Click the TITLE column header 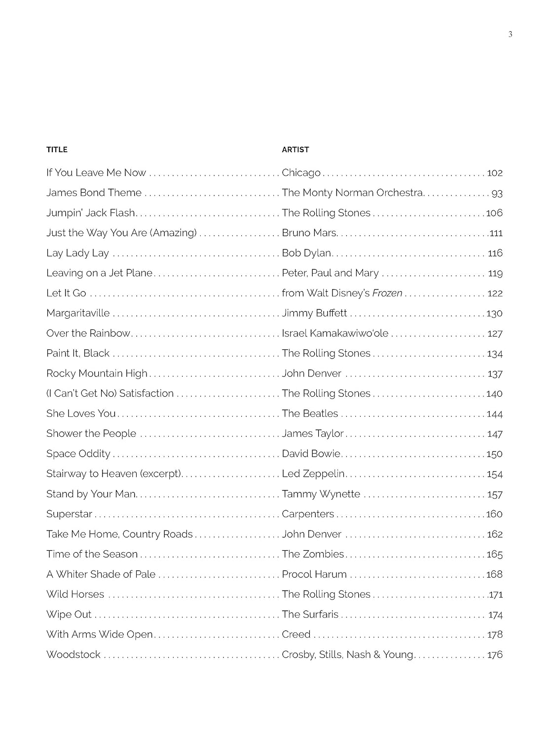click(x=57, y=150)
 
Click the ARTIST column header click(x=295, y=150)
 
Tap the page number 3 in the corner click(x=510, y=34)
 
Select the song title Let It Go click(x=66, y=293)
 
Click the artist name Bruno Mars click(x=309, y=233)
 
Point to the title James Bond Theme click(x=94, y=193)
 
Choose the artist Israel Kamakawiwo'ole click(x=335, y=333)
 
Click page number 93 click(x=497, y=193)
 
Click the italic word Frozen click(x=387, y=293)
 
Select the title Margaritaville click(x=78, y=313)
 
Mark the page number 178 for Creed click(x=495, y=635)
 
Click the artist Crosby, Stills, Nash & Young click(x=347, y=655)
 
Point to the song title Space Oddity click(x=78, y=454)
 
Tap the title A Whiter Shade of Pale click(x=101, y=575)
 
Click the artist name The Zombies click(x=313, y=554)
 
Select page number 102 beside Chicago click(x=494, y=173)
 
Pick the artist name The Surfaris click(x=310, y=615)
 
